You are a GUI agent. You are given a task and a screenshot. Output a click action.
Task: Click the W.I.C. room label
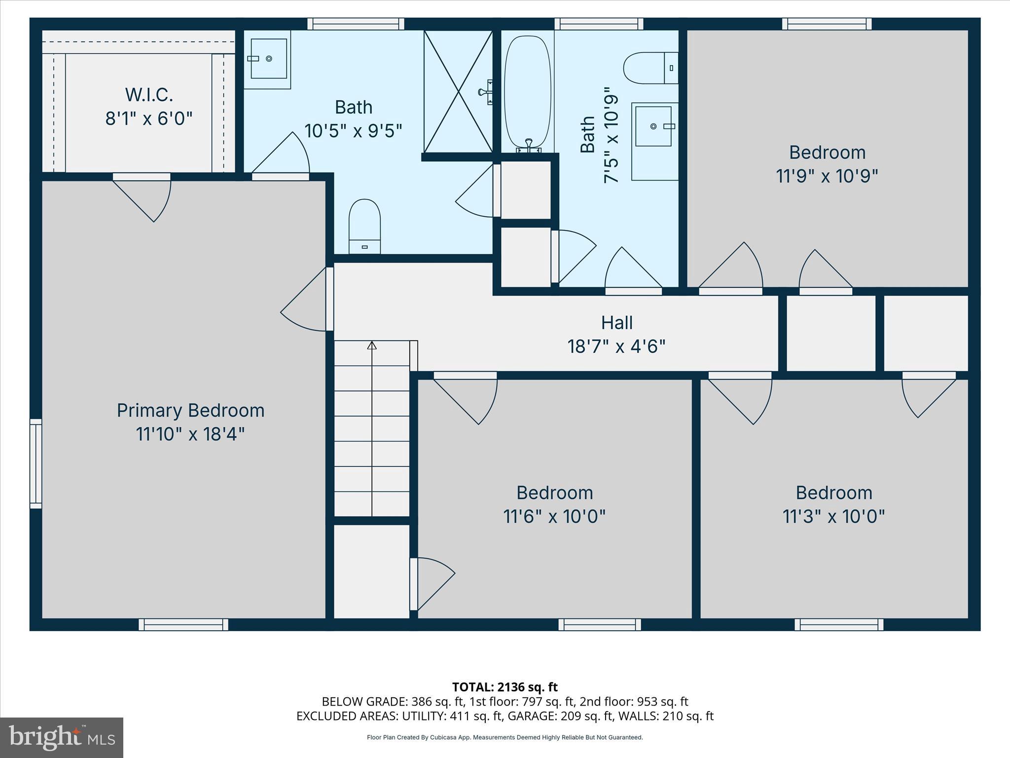149,94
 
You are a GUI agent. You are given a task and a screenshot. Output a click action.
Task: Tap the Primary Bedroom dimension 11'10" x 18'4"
190,434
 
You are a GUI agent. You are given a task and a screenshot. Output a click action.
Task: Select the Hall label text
616,323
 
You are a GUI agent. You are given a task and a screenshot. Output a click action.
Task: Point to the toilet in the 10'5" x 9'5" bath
364,226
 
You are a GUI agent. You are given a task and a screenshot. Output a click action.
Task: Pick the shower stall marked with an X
458,92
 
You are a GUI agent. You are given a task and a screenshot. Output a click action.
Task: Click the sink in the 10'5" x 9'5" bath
269,59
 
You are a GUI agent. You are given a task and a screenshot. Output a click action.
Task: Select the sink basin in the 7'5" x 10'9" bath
653,126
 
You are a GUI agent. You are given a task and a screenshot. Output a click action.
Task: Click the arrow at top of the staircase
372,345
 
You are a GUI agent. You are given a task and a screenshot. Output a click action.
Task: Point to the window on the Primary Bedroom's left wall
36,463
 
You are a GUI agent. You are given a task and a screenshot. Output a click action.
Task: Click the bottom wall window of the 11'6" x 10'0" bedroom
600,625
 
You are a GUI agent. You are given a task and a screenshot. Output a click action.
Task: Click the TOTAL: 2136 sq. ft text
505,687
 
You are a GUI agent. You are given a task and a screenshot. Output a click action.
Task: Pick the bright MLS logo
62,738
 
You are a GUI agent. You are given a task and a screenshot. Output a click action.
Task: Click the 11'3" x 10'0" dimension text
833,517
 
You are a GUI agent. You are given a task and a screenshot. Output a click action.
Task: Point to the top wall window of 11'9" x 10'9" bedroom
827,24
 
